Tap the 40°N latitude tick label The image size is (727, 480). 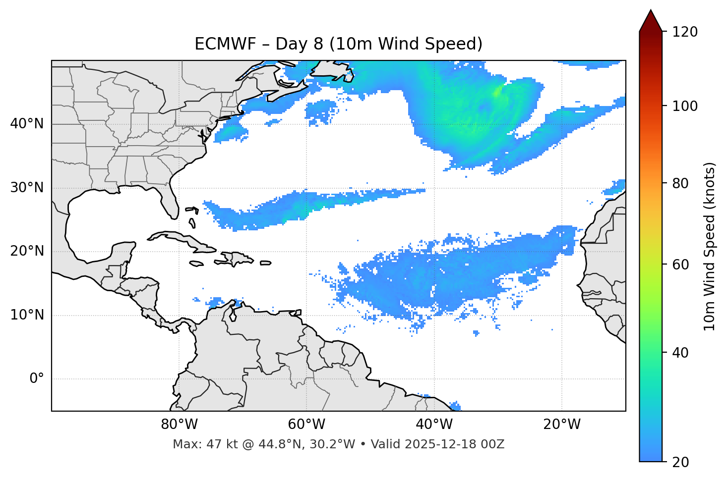[27, 124]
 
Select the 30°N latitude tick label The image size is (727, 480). [27, 188]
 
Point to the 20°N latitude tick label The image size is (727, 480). [27, 251]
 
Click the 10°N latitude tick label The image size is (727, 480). [27, 315]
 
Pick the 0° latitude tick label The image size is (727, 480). [36, 379]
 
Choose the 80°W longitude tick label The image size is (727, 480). [179, 425]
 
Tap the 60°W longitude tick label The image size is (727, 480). [306, 425]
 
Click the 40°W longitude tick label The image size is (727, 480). [434, 425]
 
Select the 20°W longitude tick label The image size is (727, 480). [561, 425]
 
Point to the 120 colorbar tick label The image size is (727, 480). [684, 32]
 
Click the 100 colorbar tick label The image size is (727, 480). [684, 106]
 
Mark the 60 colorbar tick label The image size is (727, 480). [681, 265]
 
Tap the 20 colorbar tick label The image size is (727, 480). [681, 462]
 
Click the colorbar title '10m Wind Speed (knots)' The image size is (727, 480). [710, 246]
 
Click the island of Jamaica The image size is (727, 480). [196, 264]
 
